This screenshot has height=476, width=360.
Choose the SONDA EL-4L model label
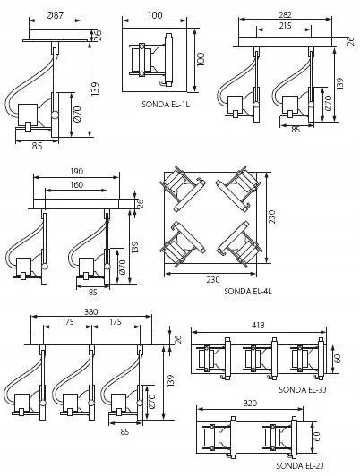pyautogui.click(x=249, y=291)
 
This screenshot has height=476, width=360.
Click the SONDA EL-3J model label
pyautogui.click(x=303, y=389)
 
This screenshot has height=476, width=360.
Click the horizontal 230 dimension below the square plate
pyautogui.click(x=213, y=280)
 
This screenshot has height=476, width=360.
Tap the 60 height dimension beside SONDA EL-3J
pyautogui.click(x=339, y=358)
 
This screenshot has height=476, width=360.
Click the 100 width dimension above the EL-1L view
pyautogui.click(x=156, y=15)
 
